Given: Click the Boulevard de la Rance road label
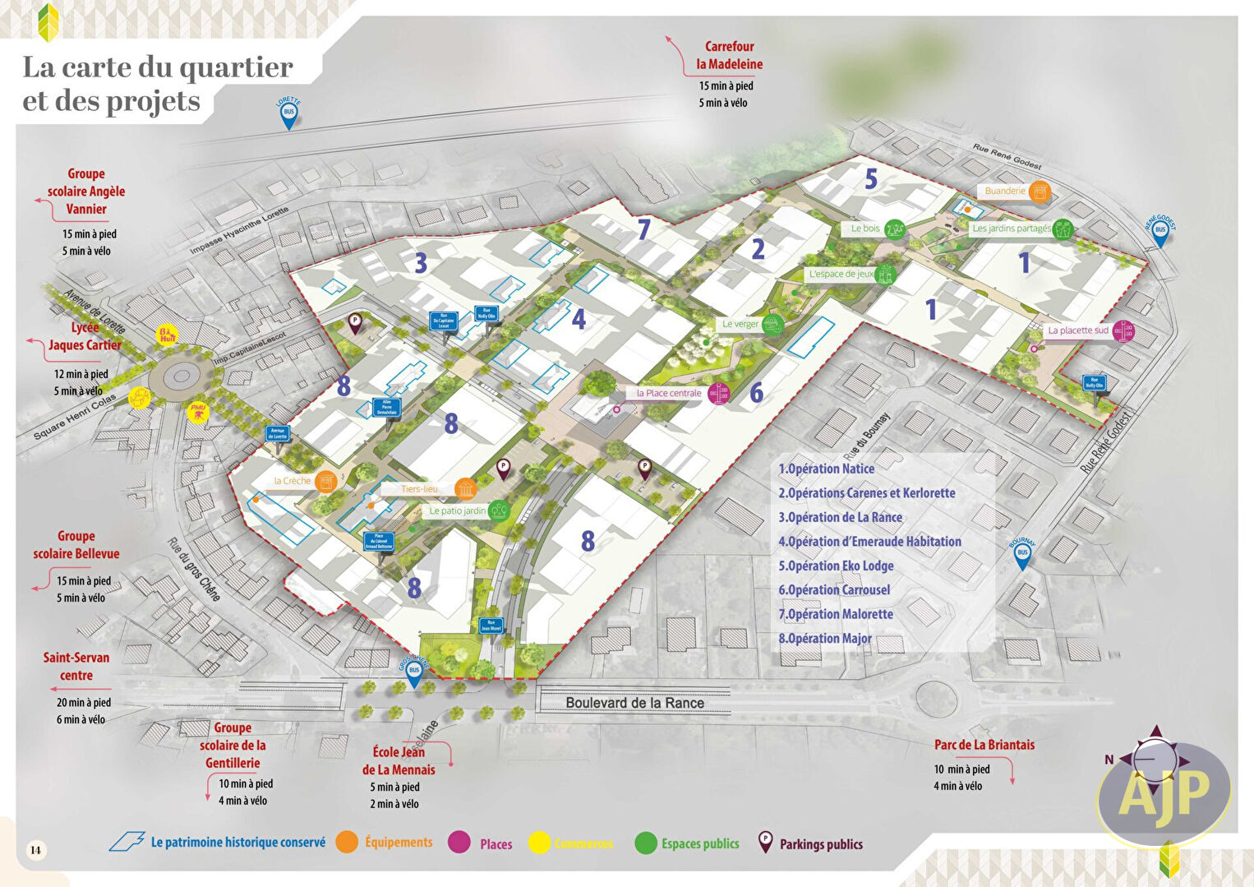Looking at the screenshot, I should tap(634, 703).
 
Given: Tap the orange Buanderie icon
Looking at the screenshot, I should tap(1040, 192).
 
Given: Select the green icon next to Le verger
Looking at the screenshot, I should tap(772, 325).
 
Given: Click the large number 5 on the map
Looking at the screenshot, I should tap(871, 178).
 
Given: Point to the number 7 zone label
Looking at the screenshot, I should tap(644, 229).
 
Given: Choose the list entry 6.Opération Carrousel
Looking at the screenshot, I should tap(834, 589).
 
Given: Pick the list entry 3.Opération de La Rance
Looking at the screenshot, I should tap(840, 517).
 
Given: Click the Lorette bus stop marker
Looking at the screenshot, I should tap(288, 114).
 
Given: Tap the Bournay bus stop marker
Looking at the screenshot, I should tap(1022, 555).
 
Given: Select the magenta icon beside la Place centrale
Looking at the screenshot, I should tap(719, 394).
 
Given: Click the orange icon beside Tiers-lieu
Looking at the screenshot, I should tap(465, 489).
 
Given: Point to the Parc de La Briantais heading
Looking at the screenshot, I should tap(984, 745).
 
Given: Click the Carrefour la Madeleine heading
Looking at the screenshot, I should tap(729, 55).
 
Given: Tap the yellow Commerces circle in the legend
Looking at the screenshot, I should tap(539, 843).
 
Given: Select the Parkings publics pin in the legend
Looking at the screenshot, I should tap(765, 842).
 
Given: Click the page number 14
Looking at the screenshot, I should tap(35, 849).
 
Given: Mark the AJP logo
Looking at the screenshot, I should tap(1164, 792).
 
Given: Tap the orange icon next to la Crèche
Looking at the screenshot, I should tap(326, 482).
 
